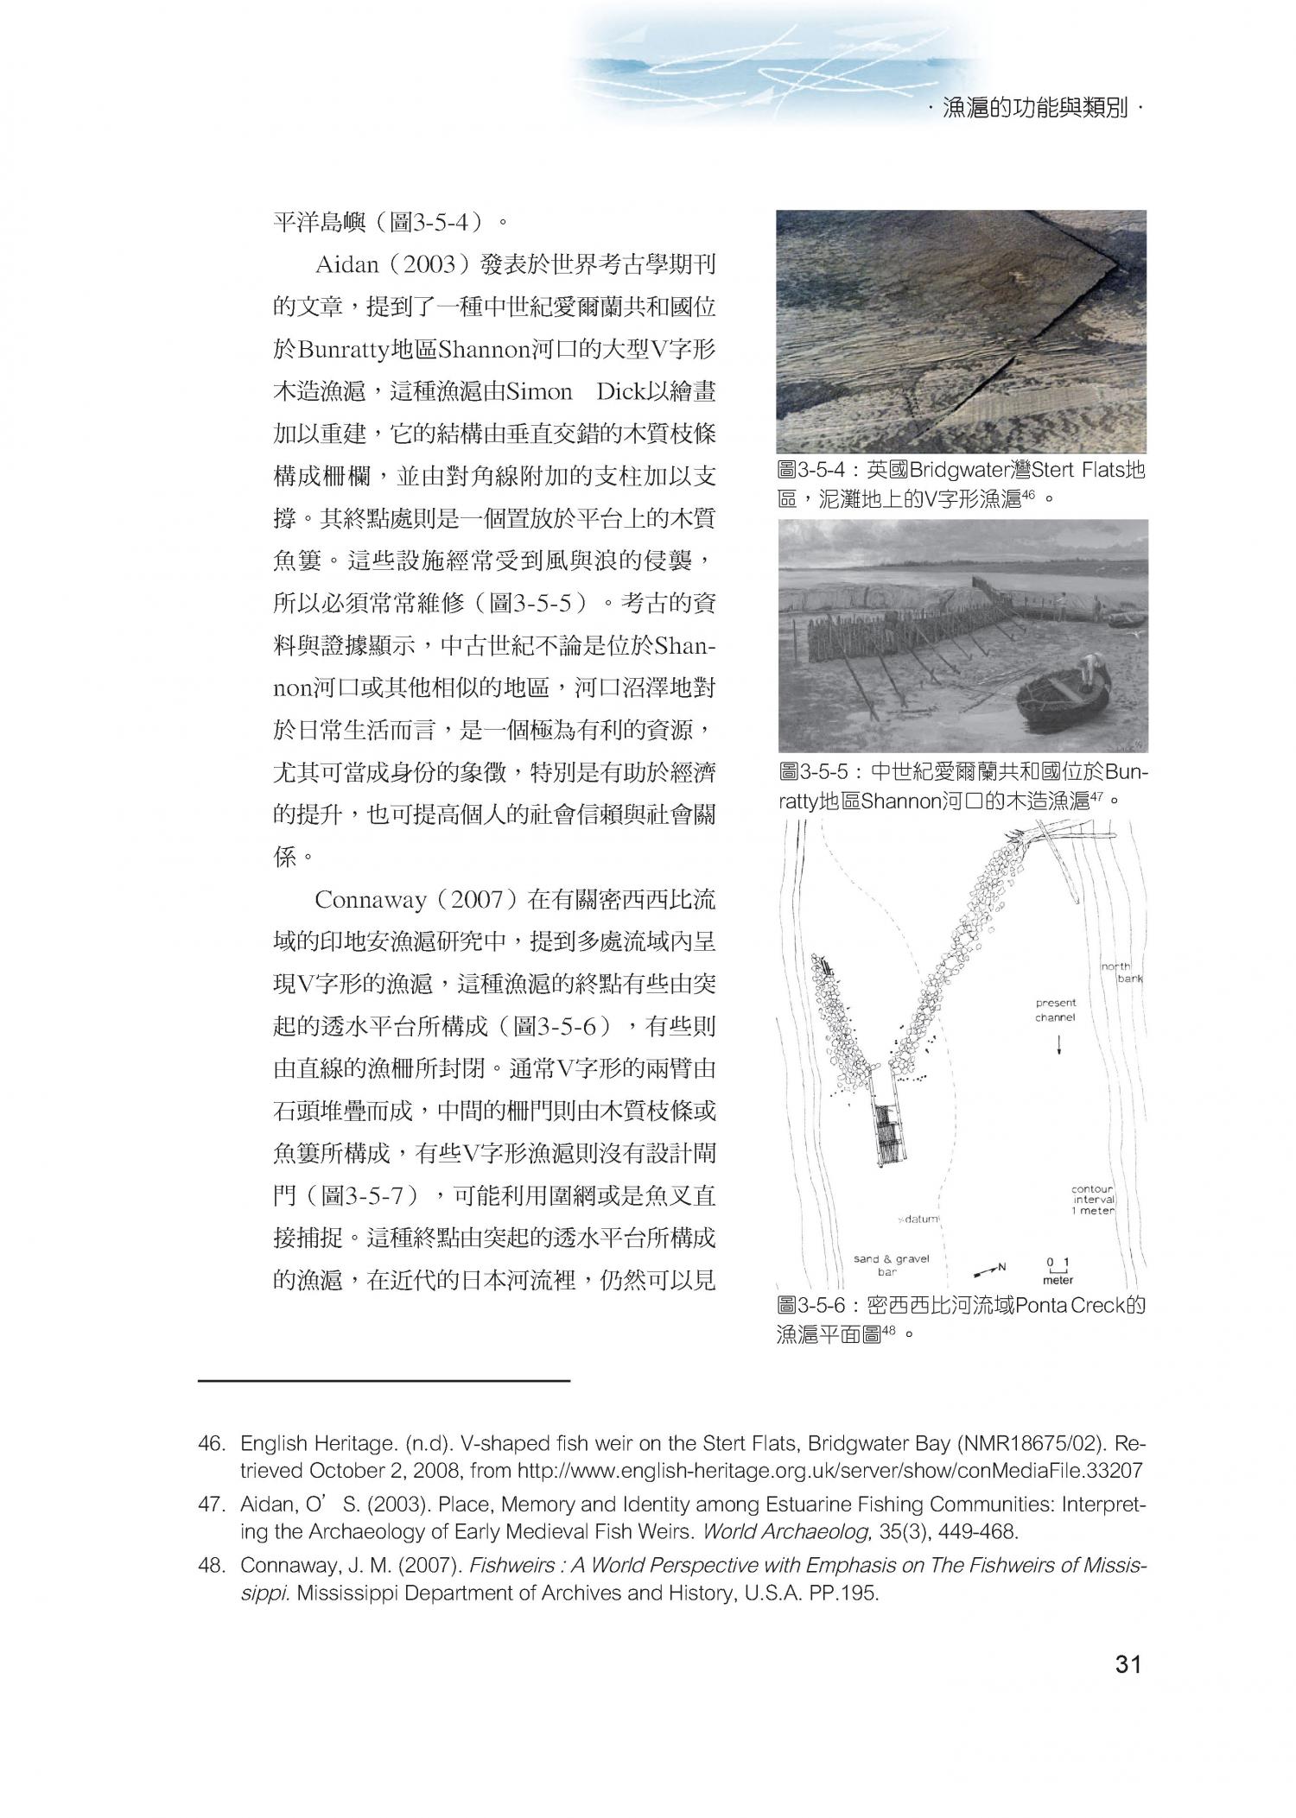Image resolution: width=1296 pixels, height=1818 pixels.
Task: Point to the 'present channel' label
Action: pos(1056,1010)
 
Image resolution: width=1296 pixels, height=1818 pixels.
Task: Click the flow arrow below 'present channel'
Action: pos(1059,1045)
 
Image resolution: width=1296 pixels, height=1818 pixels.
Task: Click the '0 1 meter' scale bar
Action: pos(1058,1270)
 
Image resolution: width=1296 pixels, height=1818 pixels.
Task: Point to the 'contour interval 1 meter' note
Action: pos(1093,1200)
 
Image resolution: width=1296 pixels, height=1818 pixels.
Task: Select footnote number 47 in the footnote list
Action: pos(210,1504)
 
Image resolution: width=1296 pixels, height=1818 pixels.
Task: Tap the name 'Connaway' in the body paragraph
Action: pos(370,900)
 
